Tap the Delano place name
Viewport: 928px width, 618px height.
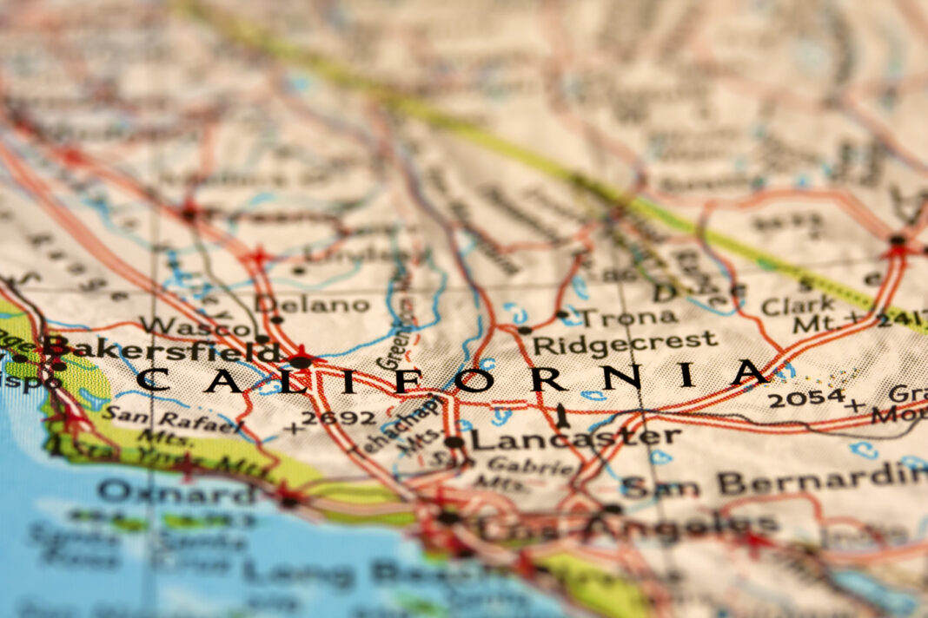coord(313,304)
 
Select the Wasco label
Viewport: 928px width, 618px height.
coord(196,327)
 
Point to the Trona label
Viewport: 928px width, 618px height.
coord(617,317)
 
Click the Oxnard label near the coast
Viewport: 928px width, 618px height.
coord(178,491)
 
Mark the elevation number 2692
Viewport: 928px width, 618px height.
coord(338,418)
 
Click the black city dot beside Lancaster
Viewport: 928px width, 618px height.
coord(454,442)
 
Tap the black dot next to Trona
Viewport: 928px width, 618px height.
coord(562,314)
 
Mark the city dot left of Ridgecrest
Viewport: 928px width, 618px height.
coord(524,331)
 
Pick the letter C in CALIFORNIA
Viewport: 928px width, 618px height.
coord(154,379)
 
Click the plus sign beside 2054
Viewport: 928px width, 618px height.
coord(858,404)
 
